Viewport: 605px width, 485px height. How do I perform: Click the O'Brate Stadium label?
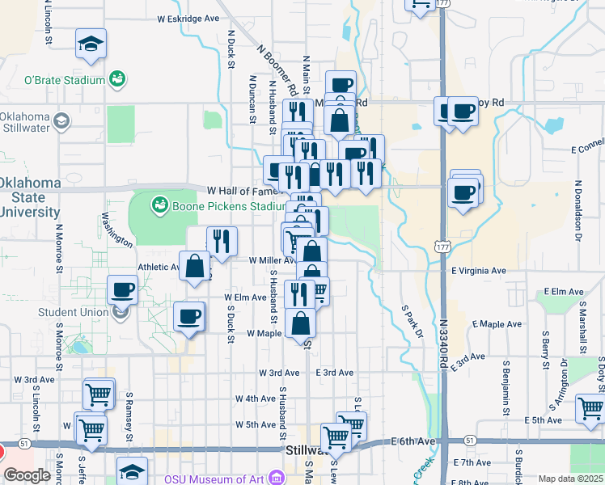65,80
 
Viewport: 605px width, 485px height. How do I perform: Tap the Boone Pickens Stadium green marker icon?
159,205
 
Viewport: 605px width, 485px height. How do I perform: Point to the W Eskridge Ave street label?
188,18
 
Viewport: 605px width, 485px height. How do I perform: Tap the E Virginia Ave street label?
478,271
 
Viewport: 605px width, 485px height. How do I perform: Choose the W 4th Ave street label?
256,399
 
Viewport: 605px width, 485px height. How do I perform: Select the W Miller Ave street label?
271,260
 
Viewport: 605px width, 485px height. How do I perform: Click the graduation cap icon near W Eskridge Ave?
91,45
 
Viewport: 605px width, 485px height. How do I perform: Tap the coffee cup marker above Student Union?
123,289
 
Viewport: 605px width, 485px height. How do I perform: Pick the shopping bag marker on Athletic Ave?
195,266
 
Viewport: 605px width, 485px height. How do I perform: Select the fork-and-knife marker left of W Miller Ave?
221,241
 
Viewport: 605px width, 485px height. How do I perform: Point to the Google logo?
27,475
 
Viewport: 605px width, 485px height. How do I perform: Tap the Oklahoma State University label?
30,197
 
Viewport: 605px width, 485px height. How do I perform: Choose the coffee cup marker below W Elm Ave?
189,316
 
